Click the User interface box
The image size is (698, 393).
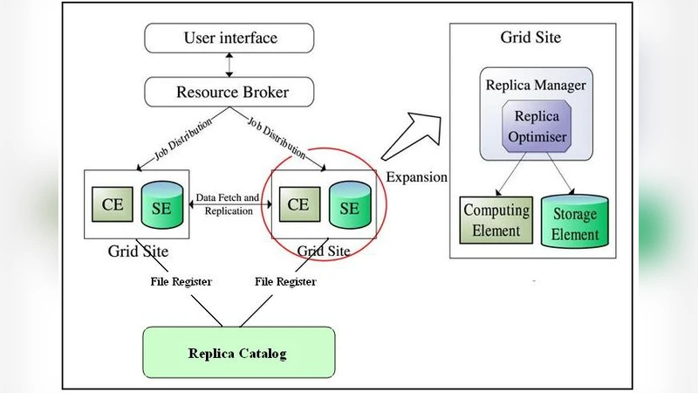230,38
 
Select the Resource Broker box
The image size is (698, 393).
230,91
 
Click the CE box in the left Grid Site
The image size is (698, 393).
112,205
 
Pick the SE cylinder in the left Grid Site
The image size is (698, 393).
162,206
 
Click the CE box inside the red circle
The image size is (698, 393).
298,205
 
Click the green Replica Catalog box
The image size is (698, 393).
237,354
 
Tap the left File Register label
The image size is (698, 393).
181,281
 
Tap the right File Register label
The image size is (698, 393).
285,281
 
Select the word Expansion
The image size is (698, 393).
416,177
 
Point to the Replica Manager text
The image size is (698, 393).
535,86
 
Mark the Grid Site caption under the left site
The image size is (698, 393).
138,252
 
